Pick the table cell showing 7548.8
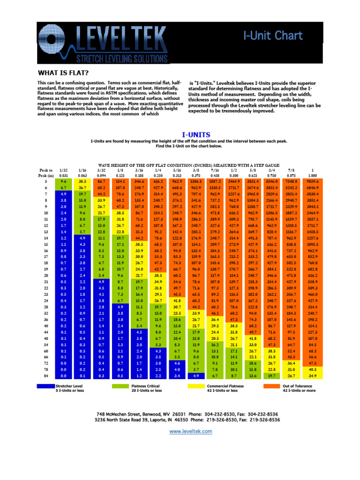pyautogui.click(x=291, y=180)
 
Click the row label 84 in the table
pyautogui.click(x=46, y=376)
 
